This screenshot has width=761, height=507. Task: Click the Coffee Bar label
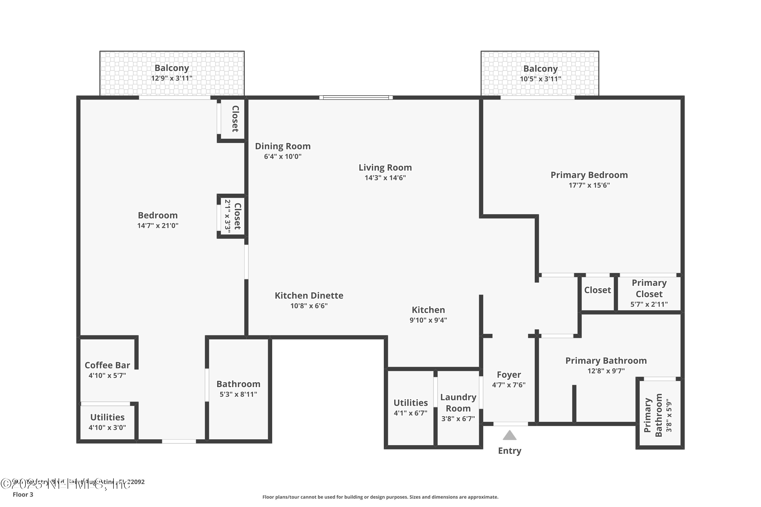tap(107, 365)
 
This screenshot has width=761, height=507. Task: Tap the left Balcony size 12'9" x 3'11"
tap(171, 78)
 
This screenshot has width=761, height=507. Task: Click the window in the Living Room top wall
tap(356, 97)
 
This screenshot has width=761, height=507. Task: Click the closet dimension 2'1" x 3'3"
tap(228, 216)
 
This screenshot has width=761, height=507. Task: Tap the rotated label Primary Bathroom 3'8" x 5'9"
tap(657, 415)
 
